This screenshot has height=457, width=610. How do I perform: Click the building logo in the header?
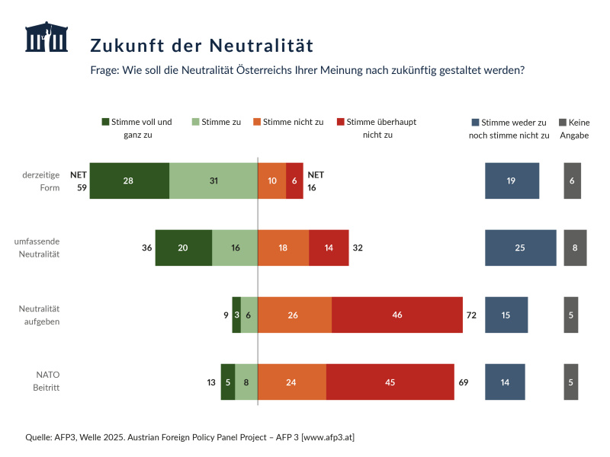(46, 37)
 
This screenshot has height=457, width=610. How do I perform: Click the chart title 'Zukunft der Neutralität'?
(201, 45)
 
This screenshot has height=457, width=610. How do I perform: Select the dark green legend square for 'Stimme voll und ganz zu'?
(106, 122)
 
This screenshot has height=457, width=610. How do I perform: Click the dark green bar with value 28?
(129, 181)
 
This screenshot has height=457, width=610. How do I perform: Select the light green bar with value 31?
(213, 181)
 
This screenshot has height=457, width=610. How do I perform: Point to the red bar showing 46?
(397, 315)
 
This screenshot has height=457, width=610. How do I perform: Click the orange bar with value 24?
(292, 382)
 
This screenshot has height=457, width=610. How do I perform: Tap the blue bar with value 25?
(520, 248)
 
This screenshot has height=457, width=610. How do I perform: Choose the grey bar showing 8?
(575, 248)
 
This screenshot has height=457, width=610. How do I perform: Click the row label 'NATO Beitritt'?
(47, 381)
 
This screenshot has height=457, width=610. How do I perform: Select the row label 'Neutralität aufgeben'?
(39, 315)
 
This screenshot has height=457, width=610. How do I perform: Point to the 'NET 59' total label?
(77, 181)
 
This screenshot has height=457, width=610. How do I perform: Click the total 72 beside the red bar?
(471, 315)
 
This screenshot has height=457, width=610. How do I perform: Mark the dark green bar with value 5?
(228, 382)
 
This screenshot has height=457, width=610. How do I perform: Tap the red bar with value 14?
(329, 248)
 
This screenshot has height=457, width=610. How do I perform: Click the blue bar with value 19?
(512, 181)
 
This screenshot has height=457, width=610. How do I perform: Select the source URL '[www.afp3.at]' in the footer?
(328, 436)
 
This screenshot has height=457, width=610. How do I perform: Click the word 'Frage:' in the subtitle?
(105, 70)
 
